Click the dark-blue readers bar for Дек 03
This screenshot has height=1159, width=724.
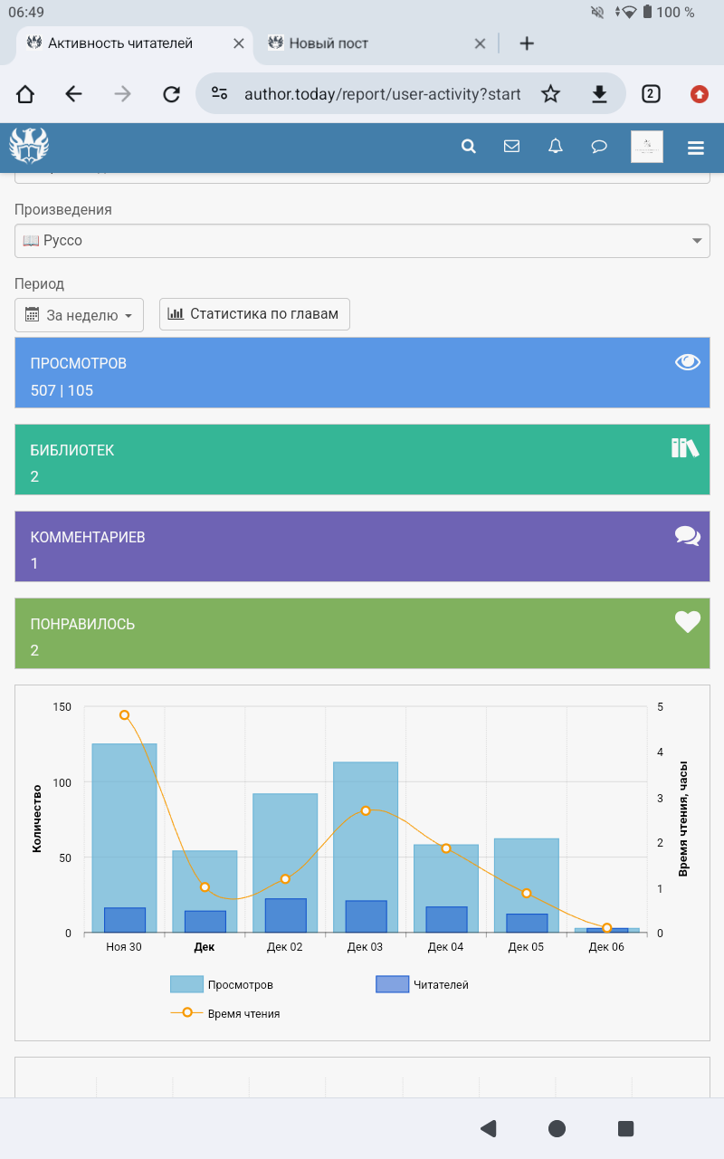[366, 916]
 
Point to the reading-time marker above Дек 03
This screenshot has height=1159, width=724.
[366, 810]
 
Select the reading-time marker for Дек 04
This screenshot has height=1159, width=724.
[446, 848]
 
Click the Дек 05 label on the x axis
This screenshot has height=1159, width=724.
[526, 947]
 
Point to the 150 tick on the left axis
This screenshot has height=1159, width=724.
[62, 707]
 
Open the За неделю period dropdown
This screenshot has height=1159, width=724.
[80, 315]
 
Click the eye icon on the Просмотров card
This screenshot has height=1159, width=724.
[688, 362]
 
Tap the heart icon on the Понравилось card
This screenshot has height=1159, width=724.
[688, 622]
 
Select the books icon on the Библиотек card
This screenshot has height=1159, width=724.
[685, 447]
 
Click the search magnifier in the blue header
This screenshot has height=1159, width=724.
[469, 147]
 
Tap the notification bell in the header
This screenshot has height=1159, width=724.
[556, 147]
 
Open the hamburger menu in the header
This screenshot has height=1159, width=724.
[695, 148]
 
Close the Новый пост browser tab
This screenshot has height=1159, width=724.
[481, 43]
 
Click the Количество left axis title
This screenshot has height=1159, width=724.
[37, 819]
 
